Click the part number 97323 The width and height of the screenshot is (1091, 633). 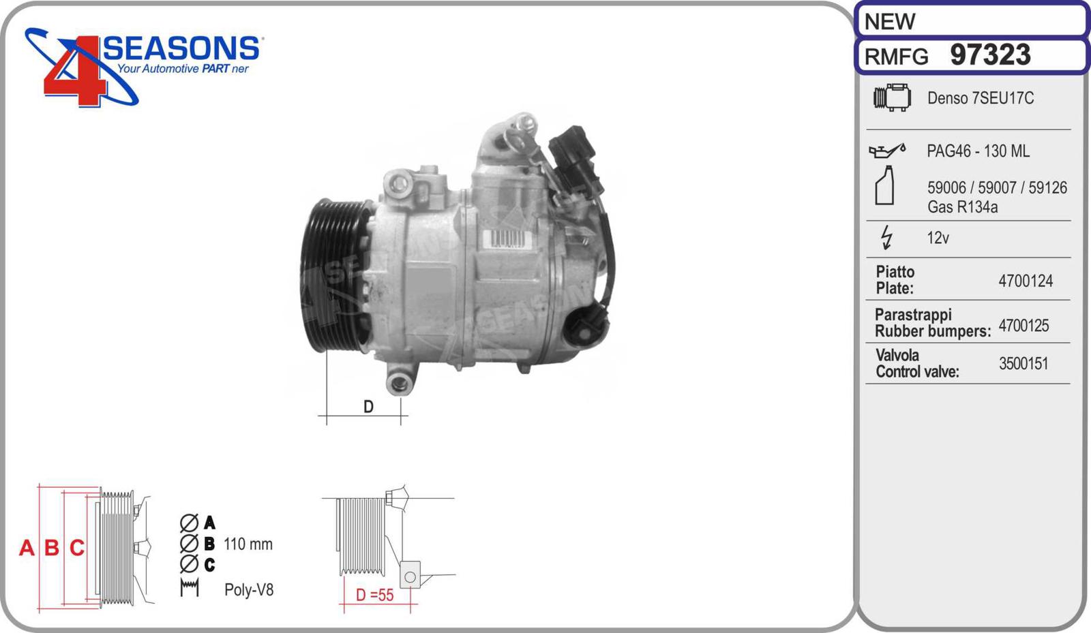pos(990,55)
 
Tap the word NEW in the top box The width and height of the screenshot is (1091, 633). pos(889,21)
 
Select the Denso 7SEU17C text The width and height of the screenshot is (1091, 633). pos(980,98)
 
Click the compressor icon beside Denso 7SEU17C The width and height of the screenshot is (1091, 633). pos(892,97)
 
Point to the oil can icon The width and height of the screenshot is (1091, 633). pos(887,151)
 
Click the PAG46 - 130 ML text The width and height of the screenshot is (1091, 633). pos(978,151)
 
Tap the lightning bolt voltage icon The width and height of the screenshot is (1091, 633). pos(887,237)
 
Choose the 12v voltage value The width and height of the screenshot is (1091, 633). pos(938,238)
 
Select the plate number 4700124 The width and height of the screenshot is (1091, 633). pos(1026,281)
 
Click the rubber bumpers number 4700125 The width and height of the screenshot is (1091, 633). pos(1023,325)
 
